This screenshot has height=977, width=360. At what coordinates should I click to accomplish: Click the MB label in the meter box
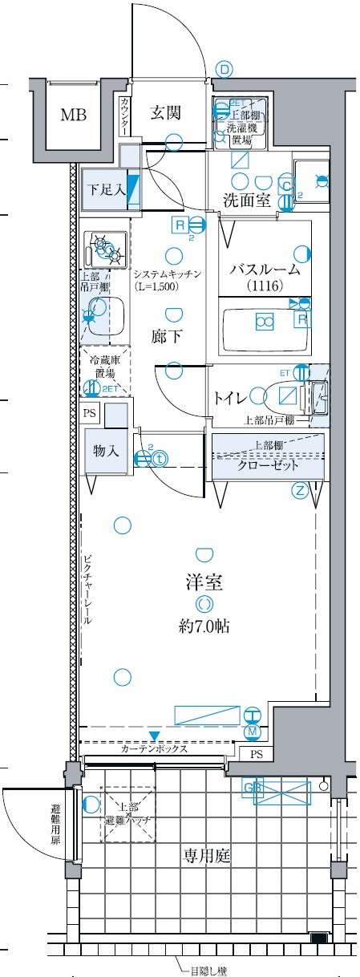74,114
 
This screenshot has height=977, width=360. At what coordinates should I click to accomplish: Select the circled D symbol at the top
224,70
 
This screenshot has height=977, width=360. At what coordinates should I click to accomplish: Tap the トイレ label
230,397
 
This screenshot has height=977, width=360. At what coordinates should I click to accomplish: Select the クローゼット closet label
268,466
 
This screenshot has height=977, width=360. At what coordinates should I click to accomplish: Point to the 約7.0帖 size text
204,626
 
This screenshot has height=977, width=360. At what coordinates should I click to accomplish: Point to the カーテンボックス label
154,750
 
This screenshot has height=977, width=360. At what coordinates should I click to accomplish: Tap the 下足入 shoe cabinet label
106,190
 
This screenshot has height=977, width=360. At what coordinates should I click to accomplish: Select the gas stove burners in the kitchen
105,249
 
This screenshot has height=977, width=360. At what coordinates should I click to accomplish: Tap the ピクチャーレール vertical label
87,590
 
